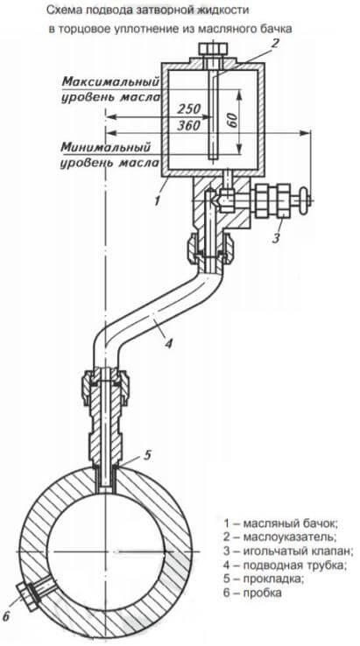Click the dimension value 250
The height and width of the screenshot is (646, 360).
(188, 109)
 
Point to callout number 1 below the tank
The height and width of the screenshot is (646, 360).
(157, 200)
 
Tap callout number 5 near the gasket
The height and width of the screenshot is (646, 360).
(148, 455)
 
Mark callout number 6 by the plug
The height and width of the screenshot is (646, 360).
(6, 616)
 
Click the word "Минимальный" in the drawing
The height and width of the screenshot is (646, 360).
(106, 146)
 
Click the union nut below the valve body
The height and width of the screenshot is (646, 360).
(211, 248)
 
